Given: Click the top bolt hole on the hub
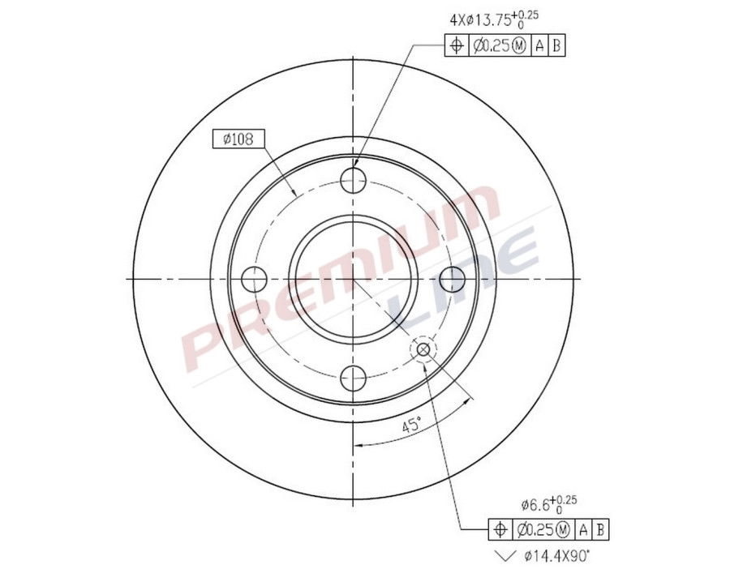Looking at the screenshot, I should click(354, 180).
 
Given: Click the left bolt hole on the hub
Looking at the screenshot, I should click(255, 280).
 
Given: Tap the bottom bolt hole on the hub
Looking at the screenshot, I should click(354, 377).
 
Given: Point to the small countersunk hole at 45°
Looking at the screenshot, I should click(423, 349).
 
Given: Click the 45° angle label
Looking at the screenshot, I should click(411, 424).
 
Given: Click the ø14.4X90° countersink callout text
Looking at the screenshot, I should click(556, 555).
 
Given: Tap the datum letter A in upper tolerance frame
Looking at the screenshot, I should click(539, 46).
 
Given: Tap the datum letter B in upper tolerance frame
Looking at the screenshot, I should click(556, 46).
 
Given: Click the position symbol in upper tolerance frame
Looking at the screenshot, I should click(457, 46).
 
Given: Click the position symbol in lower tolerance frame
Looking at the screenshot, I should click(500, 530).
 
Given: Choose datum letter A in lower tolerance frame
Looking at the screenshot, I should click(583, 530).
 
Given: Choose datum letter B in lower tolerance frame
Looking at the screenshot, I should click(600, 530).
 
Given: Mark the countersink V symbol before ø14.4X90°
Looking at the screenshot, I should click(504, 556).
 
